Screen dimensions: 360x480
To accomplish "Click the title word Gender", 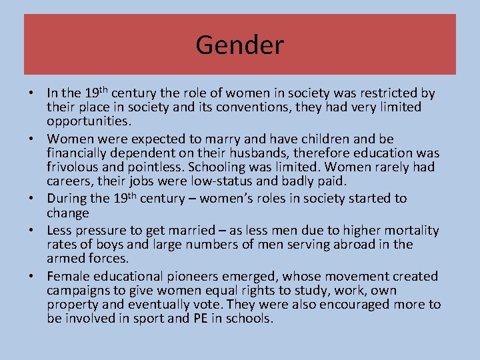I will (240, 45).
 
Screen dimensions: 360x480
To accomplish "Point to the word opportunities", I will (89, 120).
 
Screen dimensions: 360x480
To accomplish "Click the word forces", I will (111, 258).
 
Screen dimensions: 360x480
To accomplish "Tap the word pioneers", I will (203, 276).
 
